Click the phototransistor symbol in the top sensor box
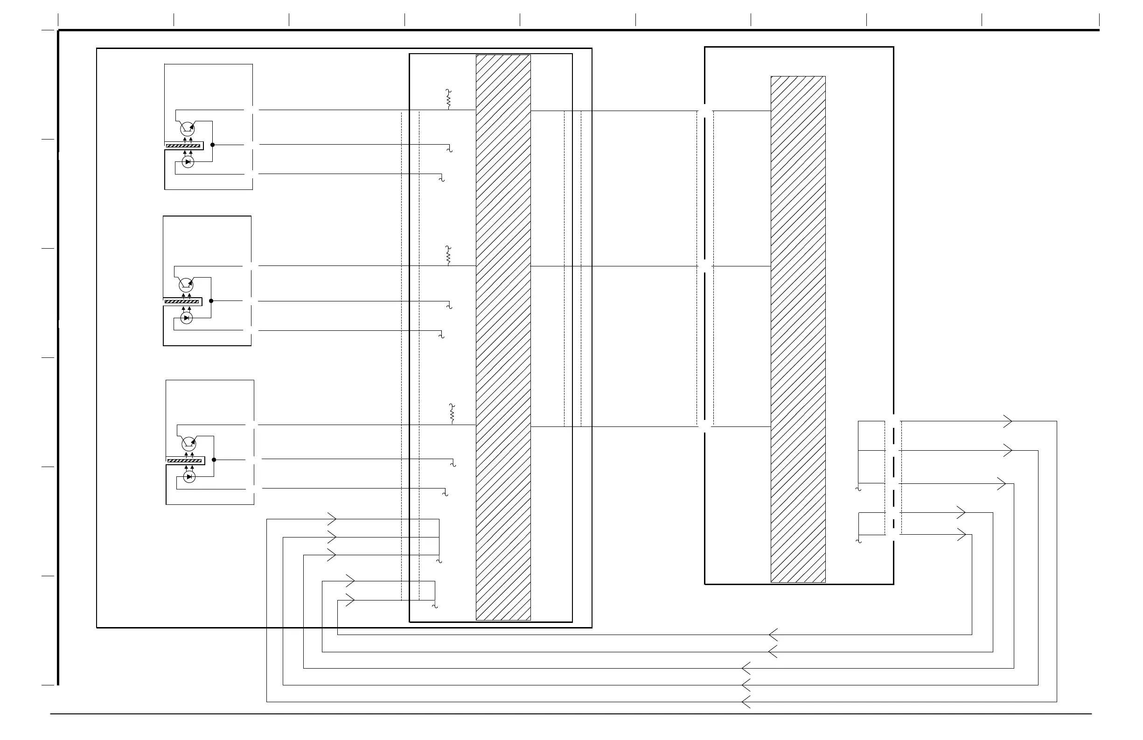coord(187,128)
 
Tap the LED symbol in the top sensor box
coord(188,162)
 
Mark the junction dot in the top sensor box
coord(212,145)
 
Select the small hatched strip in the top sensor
coord(183,146)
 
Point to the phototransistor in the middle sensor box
coord(185,285)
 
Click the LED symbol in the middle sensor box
coord(186,318)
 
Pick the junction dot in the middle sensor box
coord(211,300)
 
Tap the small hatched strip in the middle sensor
coord(181,301)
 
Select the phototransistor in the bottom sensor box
coord(188,443)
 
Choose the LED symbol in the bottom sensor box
coord(189,477)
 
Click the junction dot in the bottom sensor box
coord(214,460)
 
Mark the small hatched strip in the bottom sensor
coord(184,461)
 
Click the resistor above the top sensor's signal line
coord(448,99)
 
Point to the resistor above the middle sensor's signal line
coord(448,256)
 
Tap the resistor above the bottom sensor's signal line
coord(452,413)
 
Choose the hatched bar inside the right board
coord(798,329)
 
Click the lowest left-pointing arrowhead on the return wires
coord(746,702)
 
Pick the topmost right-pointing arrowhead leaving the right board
coord(1008,421)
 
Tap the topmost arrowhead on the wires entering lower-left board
coord(332,519)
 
